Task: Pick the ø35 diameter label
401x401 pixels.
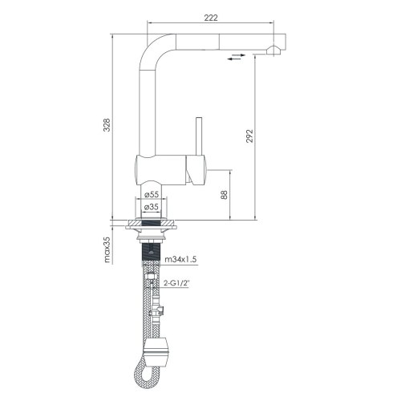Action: click(x=152, y=207)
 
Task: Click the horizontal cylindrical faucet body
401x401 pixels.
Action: click(x=164, y=170)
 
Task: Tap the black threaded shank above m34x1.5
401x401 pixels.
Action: click(x=149, y=257)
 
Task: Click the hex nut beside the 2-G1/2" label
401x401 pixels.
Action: click(x=152, y=282)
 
